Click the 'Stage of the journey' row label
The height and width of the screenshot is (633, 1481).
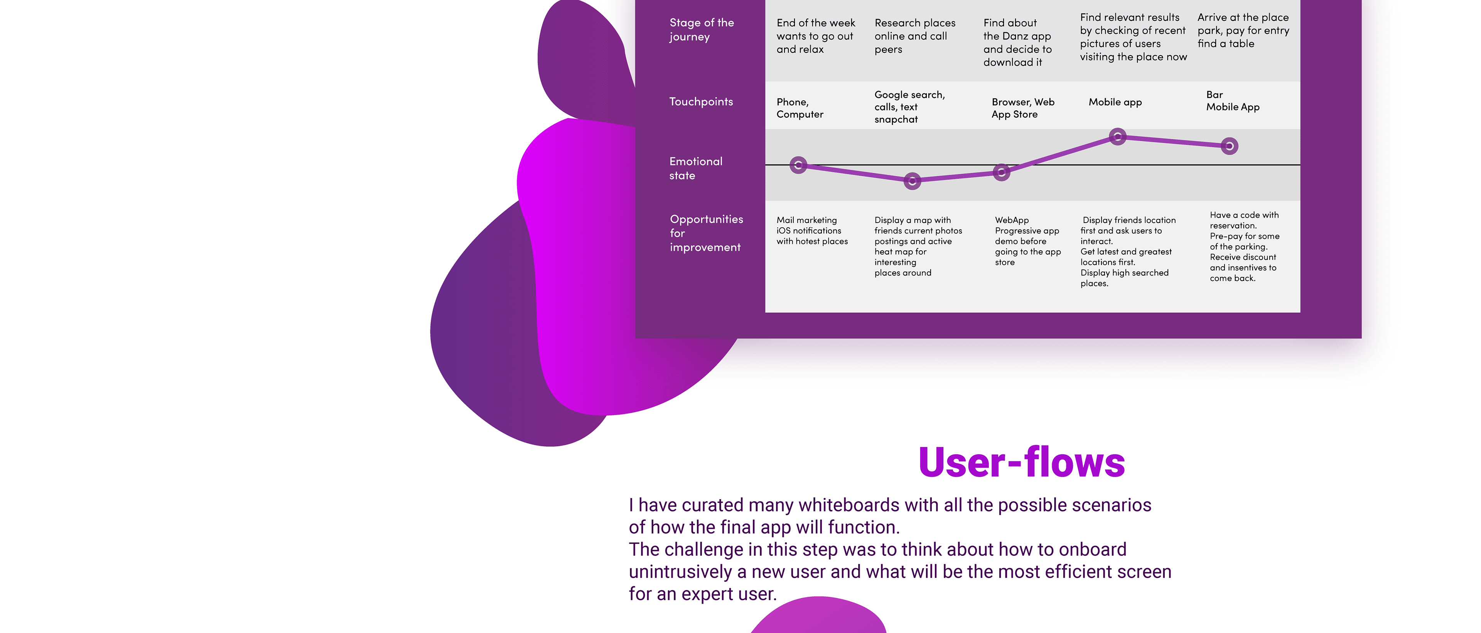(702, 29)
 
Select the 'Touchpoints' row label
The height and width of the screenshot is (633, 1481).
(701, 102)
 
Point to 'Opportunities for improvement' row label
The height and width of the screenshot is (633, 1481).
(706, 233)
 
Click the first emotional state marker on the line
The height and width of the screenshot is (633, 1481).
(798, 165)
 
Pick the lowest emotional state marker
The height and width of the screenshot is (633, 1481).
(912, 181)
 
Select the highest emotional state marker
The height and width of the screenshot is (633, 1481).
(1117, 137)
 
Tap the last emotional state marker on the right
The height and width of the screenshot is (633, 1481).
(1229, 146)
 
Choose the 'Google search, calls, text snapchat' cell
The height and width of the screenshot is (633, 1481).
(909, 107)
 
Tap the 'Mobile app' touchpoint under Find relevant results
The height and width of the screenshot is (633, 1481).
(1115, 102)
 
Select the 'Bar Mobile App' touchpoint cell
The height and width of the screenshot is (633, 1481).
(1232, 101)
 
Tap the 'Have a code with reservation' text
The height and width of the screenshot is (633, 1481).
(1244, 220)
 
